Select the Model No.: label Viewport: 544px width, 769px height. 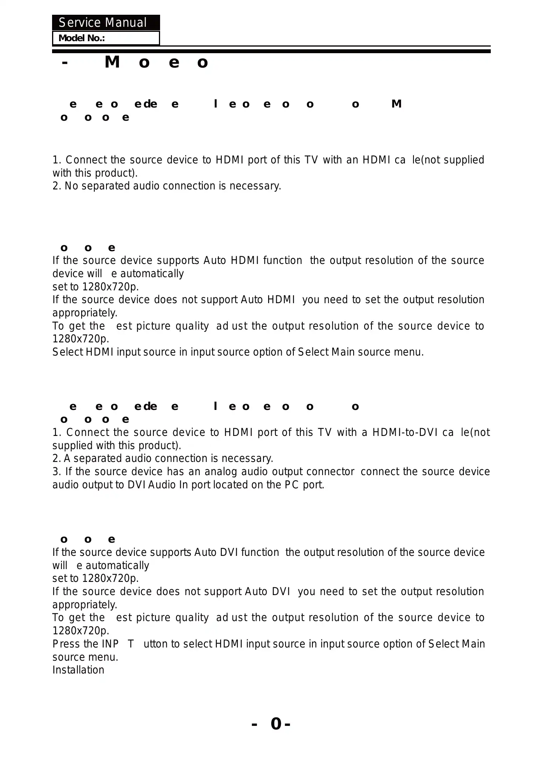(x=82, y=38)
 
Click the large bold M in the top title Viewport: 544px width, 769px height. (x=112, y=62)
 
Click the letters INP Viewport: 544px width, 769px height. (x=110, y=644)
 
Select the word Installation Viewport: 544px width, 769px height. (x=78, y=670)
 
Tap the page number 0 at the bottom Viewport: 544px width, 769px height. (x=276, y=724)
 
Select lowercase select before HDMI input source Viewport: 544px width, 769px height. (x=197, y=644)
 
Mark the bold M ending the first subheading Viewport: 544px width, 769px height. (x=396, y=104)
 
